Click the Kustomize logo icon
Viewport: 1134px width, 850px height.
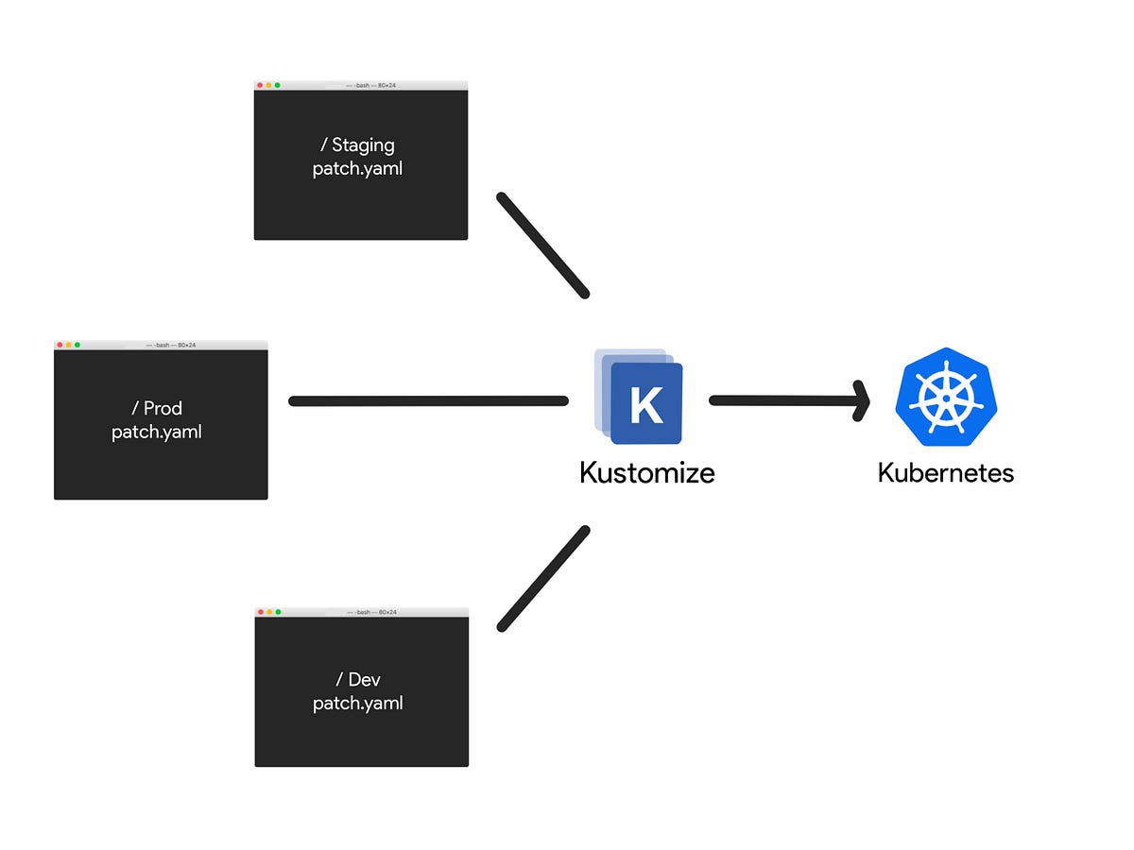639,397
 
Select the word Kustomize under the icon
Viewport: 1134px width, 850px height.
647,472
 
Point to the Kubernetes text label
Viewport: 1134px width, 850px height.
945,472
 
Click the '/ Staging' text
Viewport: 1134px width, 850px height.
357,145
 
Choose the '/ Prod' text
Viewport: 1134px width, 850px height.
157,409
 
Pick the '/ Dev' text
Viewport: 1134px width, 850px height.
357,680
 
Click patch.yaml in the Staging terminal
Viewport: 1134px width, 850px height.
357,169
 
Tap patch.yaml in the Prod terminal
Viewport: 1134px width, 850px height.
157,433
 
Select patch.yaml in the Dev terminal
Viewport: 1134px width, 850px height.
357,704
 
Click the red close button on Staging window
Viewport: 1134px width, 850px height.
260,86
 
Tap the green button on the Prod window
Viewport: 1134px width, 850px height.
77,346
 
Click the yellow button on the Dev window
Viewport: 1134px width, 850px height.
269,613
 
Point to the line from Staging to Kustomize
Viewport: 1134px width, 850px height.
542,246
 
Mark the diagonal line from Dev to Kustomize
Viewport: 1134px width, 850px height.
542,578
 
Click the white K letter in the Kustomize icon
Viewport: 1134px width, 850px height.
646,404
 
